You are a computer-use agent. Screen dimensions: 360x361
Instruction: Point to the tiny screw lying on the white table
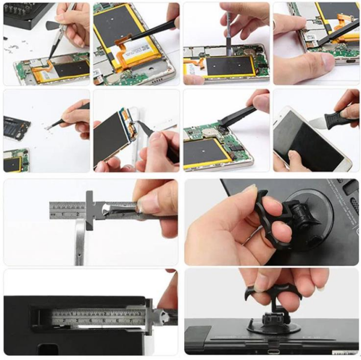point(46,128)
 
